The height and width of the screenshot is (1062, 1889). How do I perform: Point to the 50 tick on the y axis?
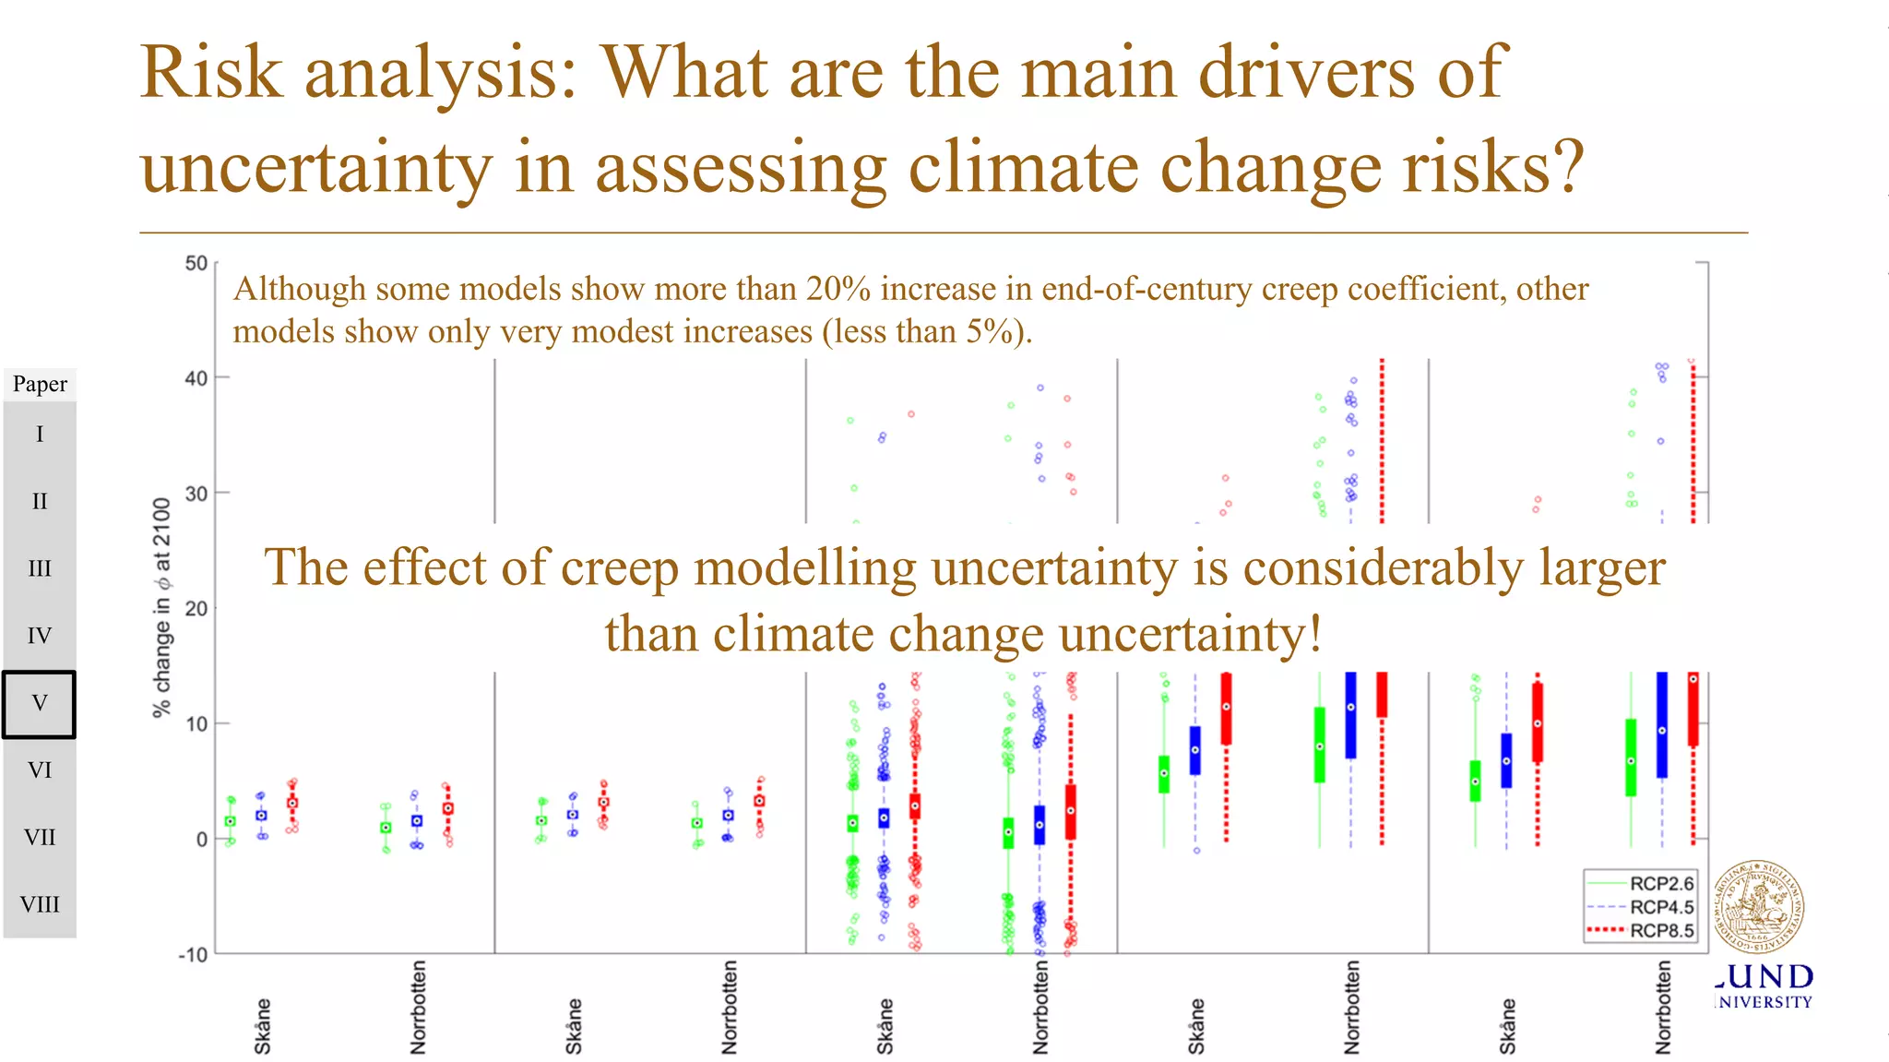pyautogui.click(x=196, y=264)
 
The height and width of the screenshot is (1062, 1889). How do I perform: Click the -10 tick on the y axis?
pyautogui.click(x=193, y=955)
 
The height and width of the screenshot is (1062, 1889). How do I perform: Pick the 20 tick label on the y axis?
pyautogui.click(x=196, y=609)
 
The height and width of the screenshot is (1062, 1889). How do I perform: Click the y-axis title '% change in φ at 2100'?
pyautogui.click(x=162, y=608)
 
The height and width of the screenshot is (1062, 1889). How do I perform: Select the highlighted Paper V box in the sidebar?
pyautogui.click(x=39, y=704)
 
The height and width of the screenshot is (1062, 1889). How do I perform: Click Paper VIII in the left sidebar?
pyautogui.click(x=40, y=905)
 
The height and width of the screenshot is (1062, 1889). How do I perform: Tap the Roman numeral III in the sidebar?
pyautogui.click(x=40, y=569)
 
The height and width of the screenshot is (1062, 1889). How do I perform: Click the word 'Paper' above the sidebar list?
pyautogui.click(x=40, y=384)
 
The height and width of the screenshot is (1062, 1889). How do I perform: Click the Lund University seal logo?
pyautogui.click(x=1758, y=907)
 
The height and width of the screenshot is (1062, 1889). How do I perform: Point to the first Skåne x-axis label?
pyautogui.click(x=263, y=1025)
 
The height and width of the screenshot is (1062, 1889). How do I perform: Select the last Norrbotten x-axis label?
pyautogui.click(x=1663, y=1008)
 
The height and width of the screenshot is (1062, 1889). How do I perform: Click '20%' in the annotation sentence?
pyautogui.click(x=838, y=290)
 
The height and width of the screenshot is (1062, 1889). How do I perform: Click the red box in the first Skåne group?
pyautogui.click(x=292, y=803)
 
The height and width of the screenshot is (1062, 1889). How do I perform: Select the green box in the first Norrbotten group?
pyautogui.click(x=386, y=828)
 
